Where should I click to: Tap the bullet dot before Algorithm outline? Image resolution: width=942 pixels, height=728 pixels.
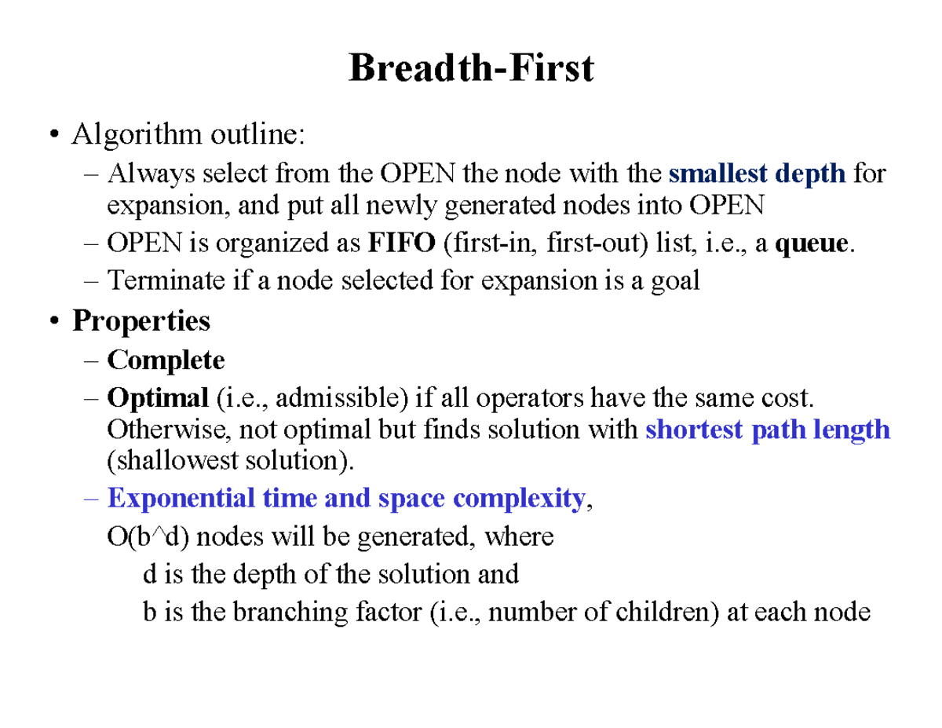(x=53, y=135)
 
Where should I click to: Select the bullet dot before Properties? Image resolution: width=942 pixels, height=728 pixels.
(x=53, y=321)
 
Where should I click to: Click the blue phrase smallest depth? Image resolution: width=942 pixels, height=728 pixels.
(x=758, y=173)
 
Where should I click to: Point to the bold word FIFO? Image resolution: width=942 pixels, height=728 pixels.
(x=400, y=244)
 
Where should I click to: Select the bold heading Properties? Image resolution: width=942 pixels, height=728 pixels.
(x=141, y=321)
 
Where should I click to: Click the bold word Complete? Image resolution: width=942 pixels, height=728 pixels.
(x=166, y=360)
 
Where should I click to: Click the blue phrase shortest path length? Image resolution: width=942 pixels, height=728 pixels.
(x=767, y=430)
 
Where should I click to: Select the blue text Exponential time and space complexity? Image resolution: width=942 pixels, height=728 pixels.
(x=346, y=499)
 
